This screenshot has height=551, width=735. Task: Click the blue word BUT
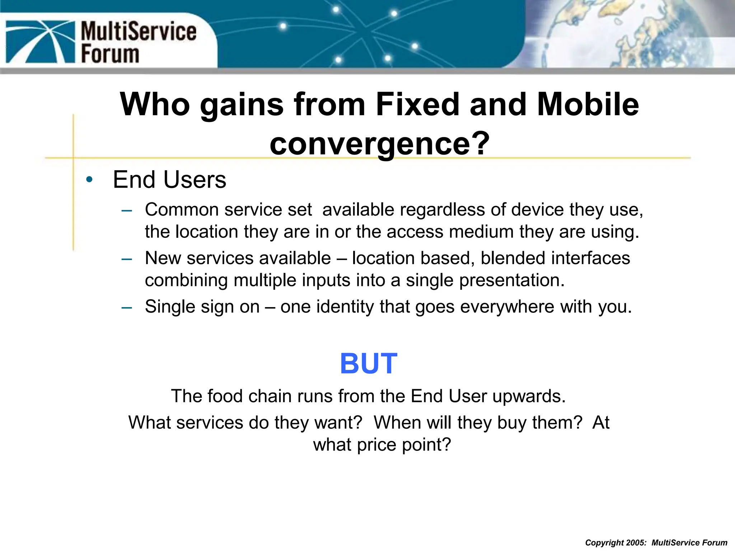(x=369, y=364)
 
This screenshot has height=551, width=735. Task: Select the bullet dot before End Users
(x=89, y=179)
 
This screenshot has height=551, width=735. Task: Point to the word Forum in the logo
(x=110, y=54)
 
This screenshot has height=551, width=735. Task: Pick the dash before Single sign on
(x=127, y=307)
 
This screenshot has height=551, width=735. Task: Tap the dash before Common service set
(x=127, y=210)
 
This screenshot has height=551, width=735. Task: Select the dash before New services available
(x=127, y=259)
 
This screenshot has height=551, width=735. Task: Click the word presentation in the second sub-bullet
(x=512, y=280)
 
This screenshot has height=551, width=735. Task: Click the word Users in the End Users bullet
(x=195, y=179)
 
